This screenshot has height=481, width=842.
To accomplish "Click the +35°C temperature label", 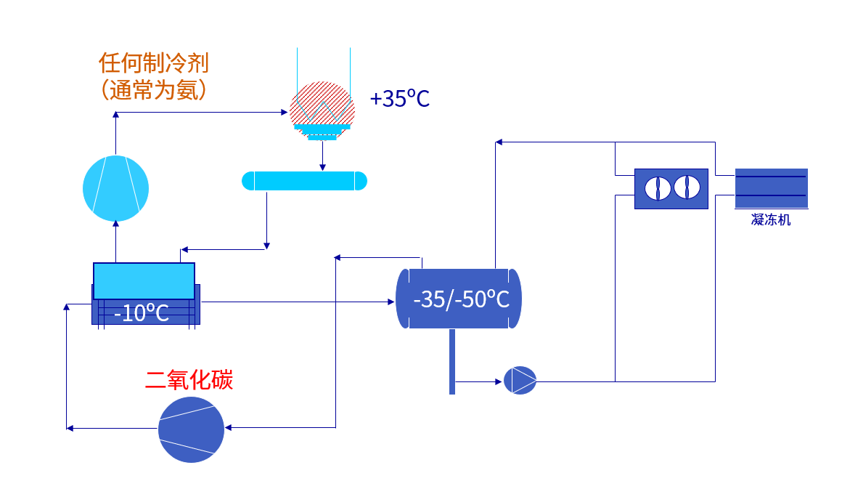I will click(x=400, y=99).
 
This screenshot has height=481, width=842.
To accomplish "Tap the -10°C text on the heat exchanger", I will click(x=142, y=313).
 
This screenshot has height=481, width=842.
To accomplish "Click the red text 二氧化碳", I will click(x=189, y=380).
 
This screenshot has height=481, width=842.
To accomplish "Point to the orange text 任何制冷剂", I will click(x=153, y=63).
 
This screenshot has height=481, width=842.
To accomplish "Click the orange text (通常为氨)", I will click(x=153, y=90).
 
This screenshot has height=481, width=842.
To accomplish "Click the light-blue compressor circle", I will click(x=115, y=187).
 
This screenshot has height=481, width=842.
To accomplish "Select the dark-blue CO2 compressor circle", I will click(x=192, y=429).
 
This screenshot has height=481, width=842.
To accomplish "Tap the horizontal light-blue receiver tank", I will click(x=305, y=180).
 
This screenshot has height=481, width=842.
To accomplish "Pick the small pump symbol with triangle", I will click(x=520, y=380).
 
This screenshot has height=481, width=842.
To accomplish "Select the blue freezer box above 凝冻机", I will click(x=771, y=189).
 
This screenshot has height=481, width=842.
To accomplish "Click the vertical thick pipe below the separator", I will click(x=452, y=362).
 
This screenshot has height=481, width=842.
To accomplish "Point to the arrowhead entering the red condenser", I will click(x=285, y=113).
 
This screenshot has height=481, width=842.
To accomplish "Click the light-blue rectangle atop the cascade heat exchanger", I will click(x=144, y=280).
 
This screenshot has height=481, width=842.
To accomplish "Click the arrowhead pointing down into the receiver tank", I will click(x=323, y=168).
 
